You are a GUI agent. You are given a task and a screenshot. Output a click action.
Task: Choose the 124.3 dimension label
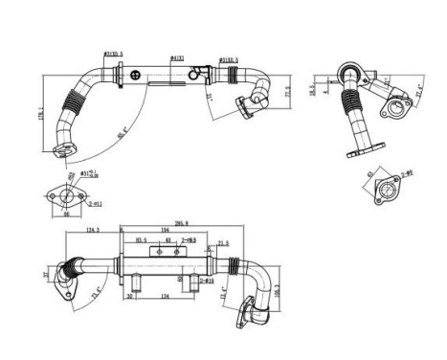coord(92,230)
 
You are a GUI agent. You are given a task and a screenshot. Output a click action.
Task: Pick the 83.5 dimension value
coord(142,240)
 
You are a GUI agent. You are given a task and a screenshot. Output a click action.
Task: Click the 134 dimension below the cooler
coord(165,296)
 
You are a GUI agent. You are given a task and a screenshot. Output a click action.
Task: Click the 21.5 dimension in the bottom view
coord(224,243)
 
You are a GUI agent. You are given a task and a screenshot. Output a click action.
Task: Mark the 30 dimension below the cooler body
coord(130,296)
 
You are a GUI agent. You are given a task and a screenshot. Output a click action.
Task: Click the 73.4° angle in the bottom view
coord(96,292)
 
